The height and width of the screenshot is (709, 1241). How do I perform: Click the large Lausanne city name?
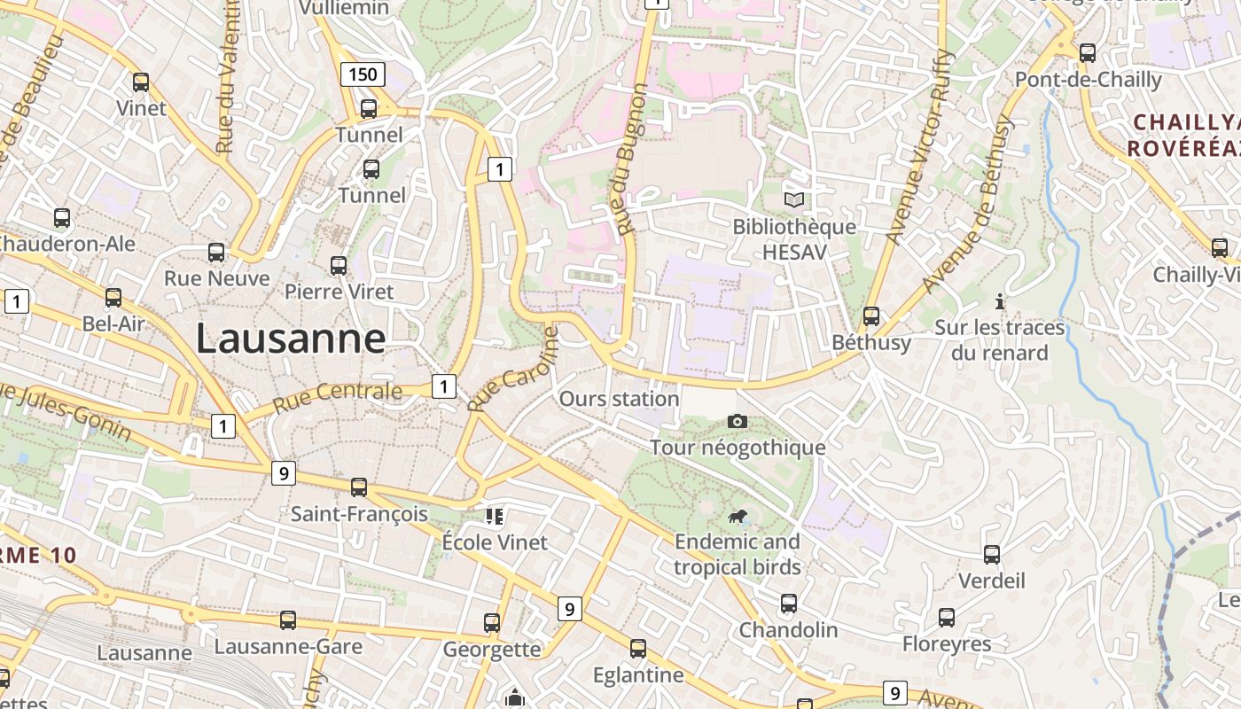tap(291, 339)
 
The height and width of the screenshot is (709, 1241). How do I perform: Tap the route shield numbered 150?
tap(363, 74)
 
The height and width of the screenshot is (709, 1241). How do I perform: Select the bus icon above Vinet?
tap(141, 82)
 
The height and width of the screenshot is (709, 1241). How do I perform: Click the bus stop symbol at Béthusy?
tap(871, 316)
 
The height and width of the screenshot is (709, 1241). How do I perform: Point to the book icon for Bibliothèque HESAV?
tap(794, 200)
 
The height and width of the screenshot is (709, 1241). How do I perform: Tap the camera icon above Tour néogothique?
tap(737, 422)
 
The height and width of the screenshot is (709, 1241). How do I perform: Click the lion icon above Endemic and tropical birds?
tap(737, 517)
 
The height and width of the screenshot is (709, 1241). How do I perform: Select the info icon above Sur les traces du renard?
tap(1000, 301)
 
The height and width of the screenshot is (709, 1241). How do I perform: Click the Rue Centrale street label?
tap(337, 394)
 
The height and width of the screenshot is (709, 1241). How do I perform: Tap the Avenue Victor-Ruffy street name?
tap(917, 147)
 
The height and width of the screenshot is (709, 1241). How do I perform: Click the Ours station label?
tap(619, 399)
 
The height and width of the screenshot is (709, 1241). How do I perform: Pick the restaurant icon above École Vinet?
tap(494, 516)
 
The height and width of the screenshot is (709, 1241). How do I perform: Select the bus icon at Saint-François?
tap(359, 487)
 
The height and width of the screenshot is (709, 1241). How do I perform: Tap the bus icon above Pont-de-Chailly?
tap(1088, 52)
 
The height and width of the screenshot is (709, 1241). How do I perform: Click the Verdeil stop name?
tap(992, 580)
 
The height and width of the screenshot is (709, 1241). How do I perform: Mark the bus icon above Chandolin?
tap(788, 604)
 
